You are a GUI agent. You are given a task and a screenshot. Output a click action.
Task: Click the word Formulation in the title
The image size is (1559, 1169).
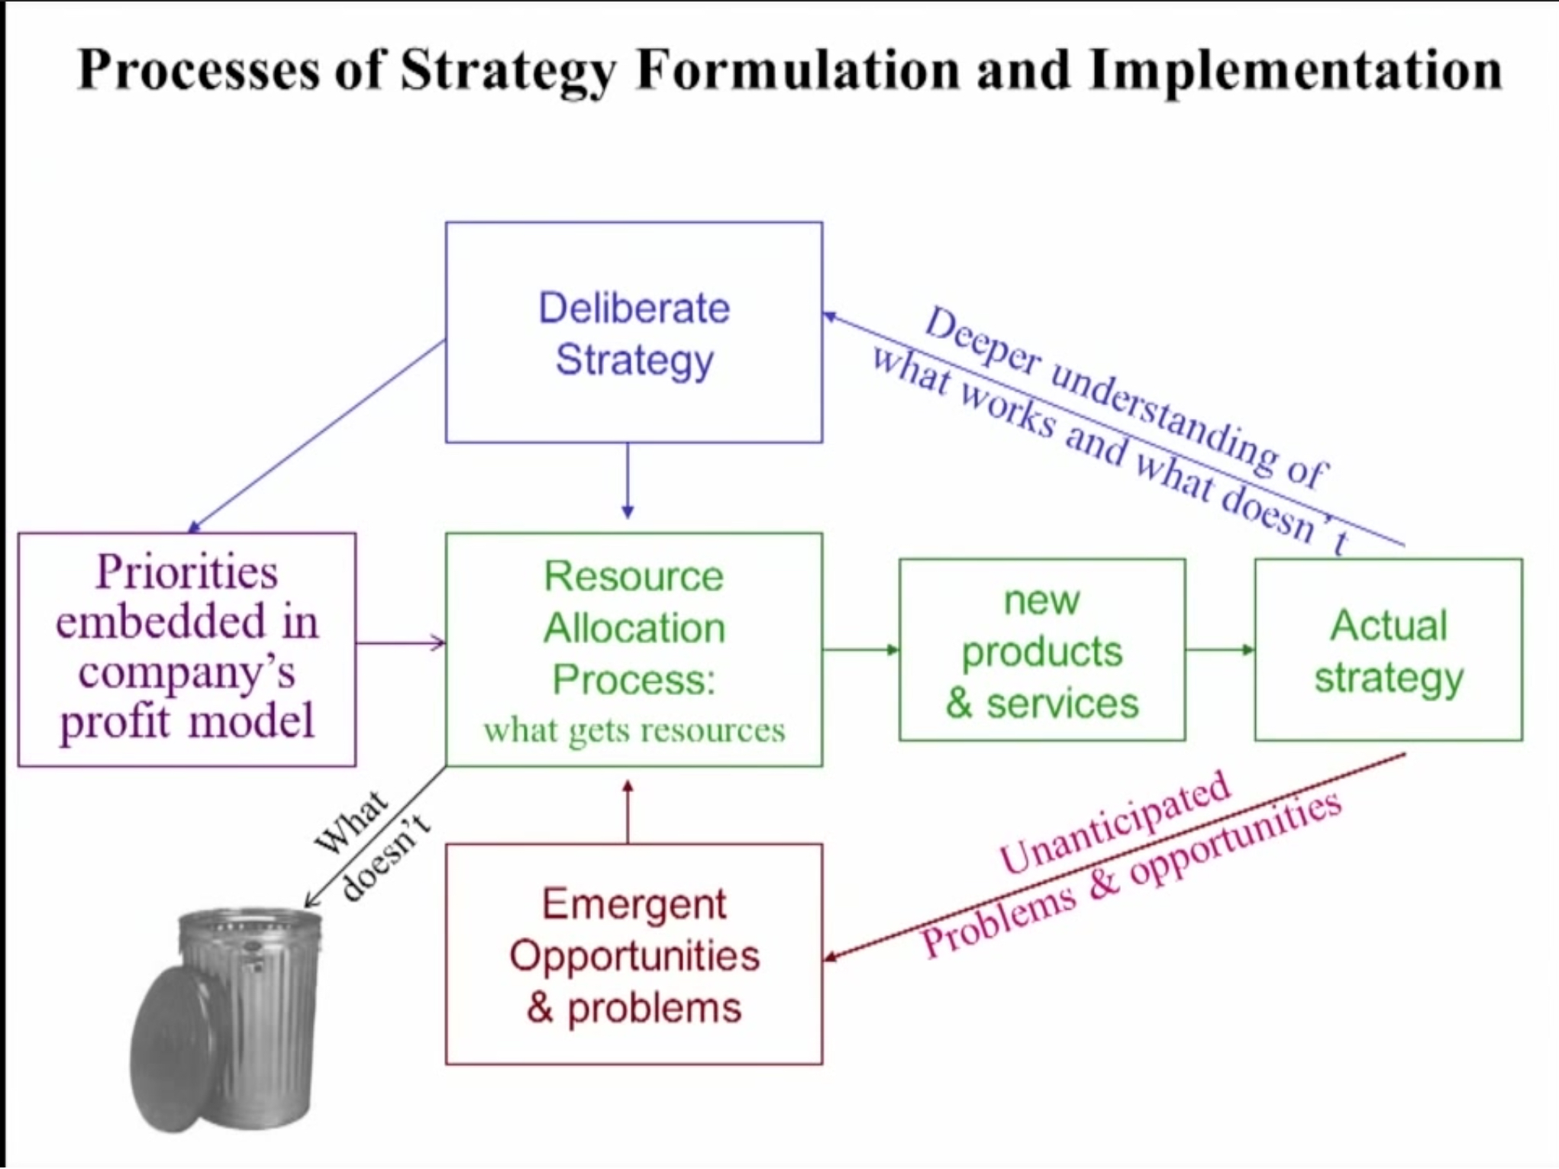click(x=798, y=70)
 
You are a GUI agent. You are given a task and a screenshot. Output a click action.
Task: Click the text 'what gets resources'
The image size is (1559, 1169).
click(x=634, y=730)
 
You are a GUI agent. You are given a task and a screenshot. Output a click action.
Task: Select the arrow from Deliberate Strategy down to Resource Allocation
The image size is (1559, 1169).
click(x=628, y=481)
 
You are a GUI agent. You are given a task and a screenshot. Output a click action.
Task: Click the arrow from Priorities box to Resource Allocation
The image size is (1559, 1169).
click(x=401, y=642)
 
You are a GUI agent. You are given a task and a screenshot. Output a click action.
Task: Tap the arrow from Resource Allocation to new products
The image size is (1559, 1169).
click(x=861, y=649)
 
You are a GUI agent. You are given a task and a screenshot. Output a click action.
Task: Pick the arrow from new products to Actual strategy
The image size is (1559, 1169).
click(x=1220, y=649)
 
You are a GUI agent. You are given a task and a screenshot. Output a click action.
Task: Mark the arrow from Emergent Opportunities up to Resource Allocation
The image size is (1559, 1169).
click(x=628, y=811)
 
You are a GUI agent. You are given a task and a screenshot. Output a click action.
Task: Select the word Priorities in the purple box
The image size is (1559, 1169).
click(x=187, y=572)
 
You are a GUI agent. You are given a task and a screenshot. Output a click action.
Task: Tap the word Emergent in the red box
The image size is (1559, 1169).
click(x=634, y=905)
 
